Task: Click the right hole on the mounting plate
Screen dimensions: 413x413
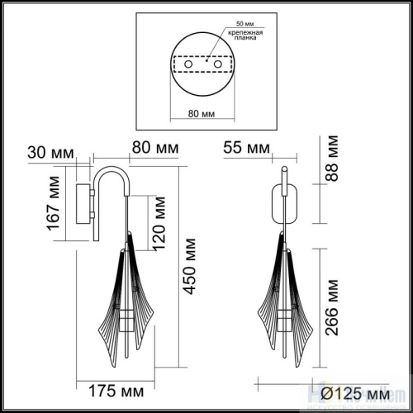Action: [x=216, y=63]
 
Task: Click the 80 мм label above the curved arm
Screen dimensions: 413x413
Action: [x=155, y=149]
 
